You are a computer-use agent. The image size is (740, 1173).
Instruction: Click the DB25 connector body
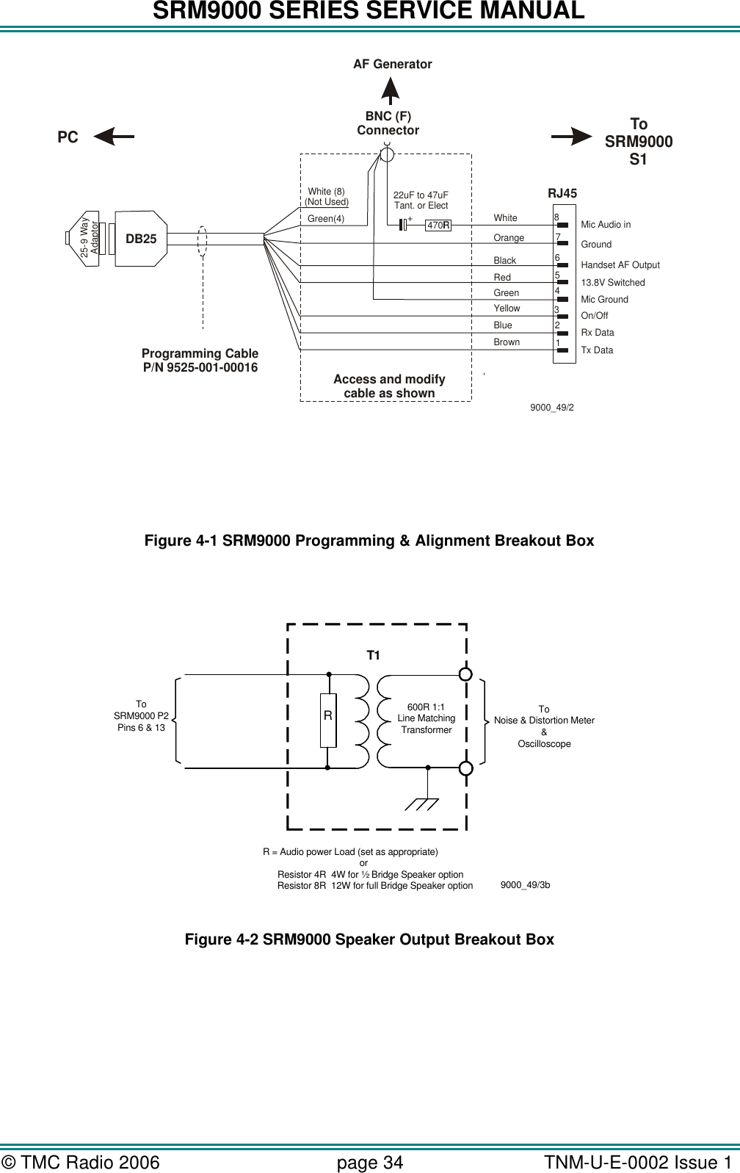tap(141, 238)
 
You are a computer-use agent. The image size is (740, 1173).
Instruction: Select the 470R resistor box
tap(438, 225)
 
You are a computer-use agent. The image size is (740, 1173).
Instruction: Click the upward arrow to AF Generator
tap(392, 91)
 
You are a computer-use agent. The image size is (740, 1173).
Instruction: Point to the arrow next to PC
tap(115, 136)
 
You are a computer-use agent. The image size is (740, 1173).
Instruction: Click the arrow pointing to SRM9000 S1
tap(572, 135)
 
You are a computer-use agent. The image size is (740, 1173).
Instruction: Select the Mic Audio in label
tap(606, 225)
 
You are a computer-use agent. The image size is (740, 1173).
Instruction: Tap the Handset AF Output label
tap(620, 265)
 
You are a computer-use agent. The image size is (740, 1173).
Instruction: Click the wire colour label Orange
tap(509, 238)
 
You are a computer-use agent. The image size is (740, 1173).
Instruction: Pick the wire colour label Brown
tap(507, 342)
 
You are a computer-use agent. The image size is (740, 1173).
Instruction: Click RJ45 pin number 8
tap(557, 217)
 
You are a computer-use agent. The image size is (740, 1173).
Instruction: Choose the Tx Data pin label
tap(597, 350)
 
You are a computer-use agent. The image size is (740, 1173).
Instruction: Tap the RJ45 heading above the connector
tap(562, 194)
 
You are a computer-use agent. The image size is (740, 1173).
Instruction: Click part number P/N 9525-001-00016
tap(200, 367)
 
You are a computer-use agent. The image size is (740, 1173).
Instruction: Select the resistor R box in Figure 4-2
tap(328, 720)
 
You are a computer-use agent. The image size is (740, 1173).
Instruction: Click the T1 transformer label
tap(374, 655)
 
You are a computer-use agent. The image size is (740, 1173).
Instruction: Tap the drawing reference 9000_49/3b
tap(525, 885)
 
